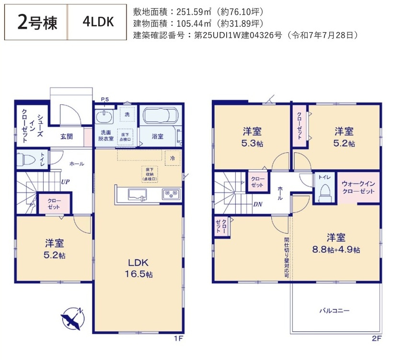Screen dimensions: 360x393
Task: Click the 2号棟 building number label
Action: point(36,22)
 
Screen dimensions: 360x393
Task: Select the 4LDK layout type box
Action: point(98,22)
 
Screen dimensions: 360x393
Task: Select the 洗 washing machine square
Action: point(127,115)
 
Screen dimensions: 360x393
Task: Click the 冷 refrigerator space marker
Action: point(173,157)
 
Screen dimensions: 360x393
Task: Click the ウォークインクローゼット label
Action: point(358,187)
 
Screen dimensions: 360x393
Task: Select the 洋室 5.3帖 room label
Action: point(251,136)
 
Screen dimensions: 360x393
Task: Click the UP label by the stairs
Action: point(66,182)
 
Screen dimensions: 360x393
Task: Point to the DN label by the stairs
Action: point(258,204)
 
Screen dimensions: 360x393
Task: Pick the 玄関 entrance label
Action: point(67,136)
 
